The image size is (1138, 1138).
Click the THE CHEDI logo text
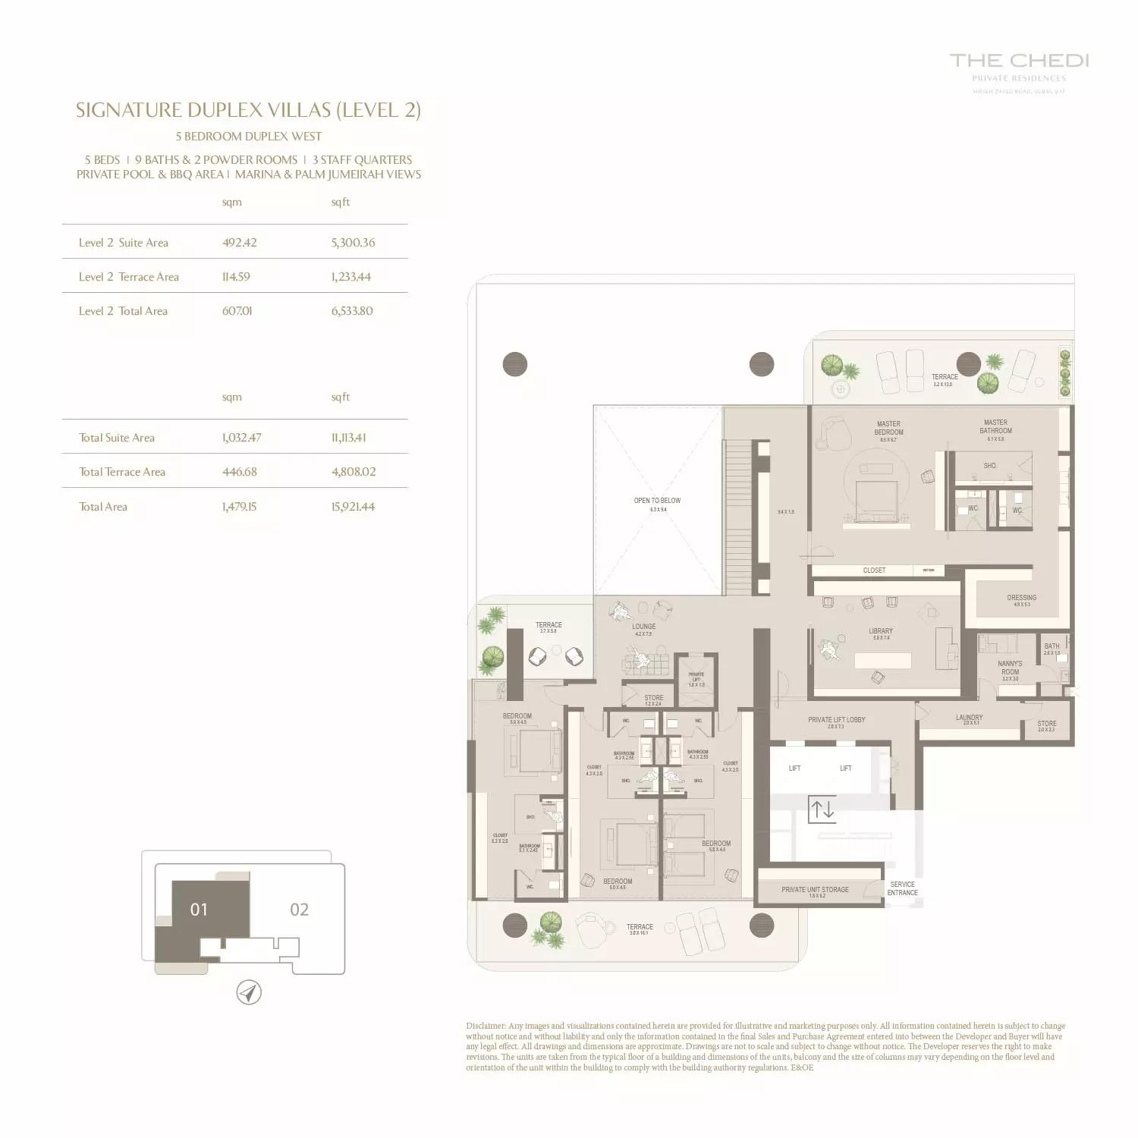tap(1019, 61)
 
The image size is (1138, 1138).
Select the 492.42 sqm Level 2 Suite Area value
tap(239, 243)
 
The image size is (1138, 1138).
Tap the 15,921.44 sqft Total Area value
tap(353, 507)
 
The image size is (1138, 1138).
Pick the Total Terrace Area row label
tap(122, 472)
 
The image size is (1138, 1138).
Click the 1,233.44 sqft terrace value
tap(351, 277)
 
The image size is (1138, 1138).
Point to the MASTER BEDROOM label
tap(888, 429)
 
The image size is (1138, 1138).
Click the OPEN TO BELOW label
tap(657, 501)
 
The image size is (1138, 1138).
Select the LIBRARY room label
tap(881, 631)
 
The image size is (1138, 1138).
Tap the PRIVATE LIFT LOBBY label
tap(836, 720)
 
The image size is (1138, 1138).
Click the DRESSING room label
tap(1021, 598)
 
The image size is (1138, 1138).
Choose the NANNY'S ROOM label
tap(1010, 668)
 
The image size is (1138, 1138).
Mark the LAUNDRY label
tap(969, 718)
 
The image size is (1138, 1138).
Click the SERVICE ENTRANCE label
tap(902, 888)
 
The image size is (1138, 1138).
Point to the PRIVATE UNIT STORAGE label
tap(815, 890)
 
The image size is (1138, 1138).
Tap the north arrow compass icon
tap(249, 992)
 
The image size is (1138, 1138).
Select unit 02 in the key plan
tap(299, 910)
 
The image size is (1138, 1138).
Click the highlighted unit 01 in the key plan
tap(199, 910)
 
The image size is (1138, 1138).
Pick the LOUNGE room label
tap(643, 627)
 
